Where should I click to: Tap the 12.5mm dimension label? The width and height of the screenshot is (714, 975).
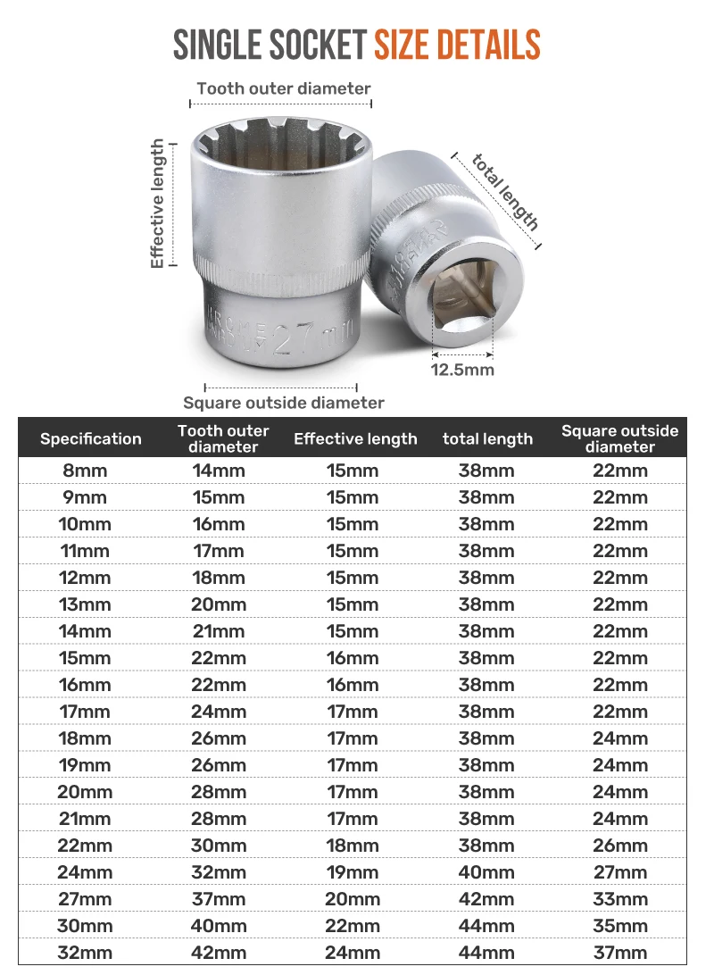(x=462, y=370)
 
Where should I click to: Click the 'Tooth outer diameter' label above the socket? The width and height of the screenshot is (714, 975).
(x=283, y=88)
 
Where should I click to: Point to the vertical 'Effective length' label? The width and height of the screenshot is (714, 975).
(x=157, y=204)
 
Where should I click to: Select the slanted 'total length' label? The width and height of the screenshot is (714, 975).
(x=504, y=191)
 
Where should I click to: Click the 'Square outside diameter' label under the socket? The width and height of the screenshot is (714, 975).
(x=283, y=403)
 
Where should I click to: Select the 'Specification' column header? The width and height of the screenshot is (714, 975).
(x=91, y=438)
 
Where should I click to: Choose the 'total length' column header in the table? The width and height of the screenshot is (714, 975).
(x=488, y=438)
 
